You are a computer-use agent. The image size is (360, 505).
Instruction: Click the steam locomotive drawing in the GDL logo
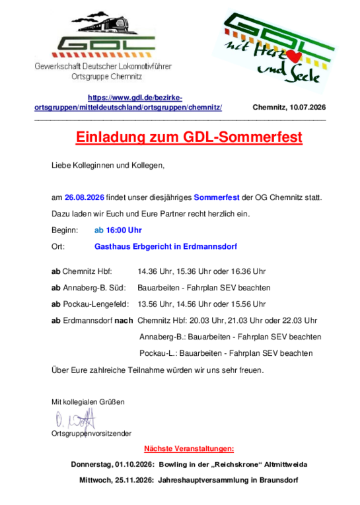(102, 22)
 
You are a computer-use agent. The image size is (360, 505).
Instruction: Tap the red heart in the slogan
(293, 57)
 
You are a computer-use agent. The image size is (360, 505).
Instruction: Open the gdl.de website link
(128, 102)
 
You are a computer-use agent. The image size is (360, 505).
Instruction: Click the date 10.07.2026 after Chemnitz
(307, 107)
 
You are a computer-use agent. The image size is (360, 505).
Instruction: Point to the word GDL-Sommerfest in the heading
(242, 137)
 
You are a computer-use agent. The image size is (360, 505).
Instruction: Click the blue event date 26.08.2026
(85, 197)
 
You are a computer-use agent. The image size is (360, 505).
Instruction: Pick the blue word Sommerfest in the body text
(217, 197)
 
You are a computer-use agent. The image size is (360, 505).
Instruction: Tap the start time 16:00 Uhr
(124, 230)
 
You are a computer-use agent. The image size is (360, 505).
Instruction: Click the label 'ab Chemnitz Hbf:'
(82, 271)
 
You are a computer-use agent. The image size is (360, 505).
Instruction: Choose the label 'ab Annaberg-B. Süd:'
(89, 288)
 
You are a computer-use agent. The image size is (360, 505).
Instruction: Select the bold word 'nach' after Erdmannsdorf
(124, 321)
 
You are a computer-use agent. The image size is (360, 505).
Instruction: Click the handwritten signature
(75, 420)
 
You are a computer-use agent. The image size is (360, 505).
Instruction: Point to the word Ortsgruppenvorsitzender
(92, 434)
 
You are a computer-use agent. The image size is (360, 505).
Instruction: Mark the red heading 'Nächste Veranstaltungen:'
(189, 449)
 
